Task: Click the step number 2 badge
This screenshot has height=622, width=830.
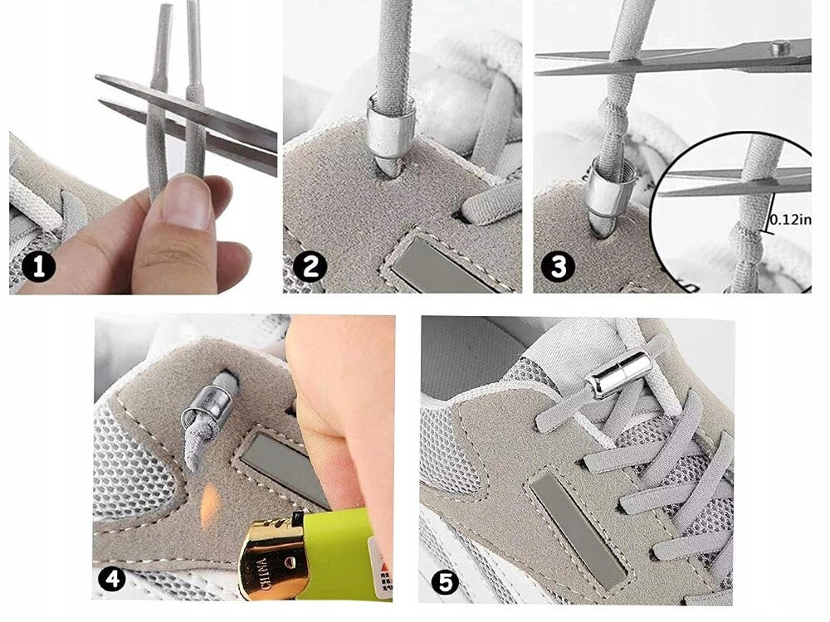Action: [310, 266]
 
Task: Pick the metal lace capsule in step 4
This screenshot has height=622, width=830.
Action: [203, 401]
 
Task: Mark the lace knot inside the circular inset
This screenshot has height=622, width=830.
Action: [740, 250]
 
